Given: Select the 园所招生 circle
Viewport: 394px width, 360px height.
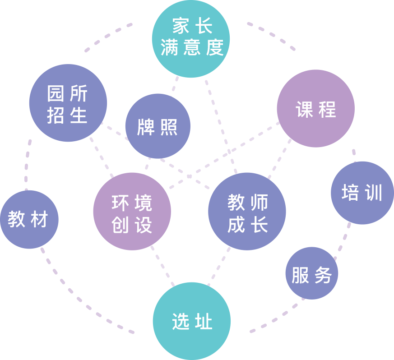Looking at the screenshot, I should pos(68,103).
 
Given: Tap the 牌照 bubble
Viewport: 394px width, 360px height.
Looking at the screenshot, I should pos(158,126).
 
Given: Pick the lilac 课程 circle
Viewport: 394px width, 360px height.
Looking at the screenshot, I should pos(315,109).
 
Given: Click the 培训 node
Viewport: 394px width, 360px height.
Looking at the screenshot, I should pos(362,193).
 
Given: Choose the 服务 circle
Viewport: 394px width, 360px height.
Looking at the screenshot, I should pos(312,273).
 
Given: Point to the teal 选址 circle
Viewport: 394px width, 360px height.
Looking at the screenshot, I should pos(191,321).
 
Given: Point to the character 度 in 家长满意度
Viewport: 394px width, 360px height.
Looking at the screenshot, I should pos(215,48).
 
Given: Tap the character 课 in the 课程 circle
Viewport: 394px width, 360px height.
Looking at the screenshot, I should pos(304,109).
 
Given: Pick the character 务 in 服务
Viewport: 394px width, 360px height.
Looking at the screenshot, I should pos(323,274).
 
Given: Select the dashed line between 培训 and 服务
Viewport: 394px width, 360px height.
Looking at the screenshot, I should pos(343,240).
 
